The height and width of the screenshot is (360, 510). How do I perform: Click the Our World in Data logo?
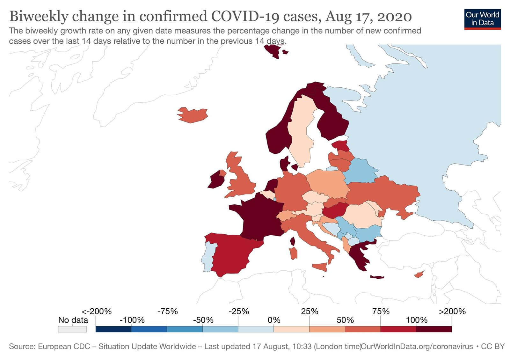(x=482, y=19)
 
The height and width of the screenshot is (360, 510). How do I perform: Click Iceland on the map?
(x=193, y=115)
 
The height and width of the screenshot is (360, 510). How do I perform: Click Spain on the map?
(x=233, y=255)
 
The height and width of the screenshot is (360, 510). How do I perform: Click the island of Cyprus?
(x=419, y=274)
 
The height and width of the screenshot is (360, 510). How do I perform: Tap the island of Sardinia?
(x=294, y=253)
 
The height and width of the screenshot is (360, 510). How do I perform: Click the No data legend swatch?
(x=72, y=329)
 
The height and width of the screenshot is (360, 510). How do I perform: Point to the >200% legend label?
(x=452, y=311)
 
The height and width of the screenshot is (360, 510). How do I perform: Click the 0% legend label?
(x=274, y=320)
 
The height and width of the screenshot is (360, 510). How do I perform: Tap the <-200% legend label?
(x=97, y=311)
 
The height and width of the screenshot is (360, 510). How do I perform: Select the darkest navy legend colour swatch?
(x=113, y=329)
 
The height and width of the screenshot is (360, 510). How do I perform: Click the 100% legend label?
(x=416, y=320)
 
